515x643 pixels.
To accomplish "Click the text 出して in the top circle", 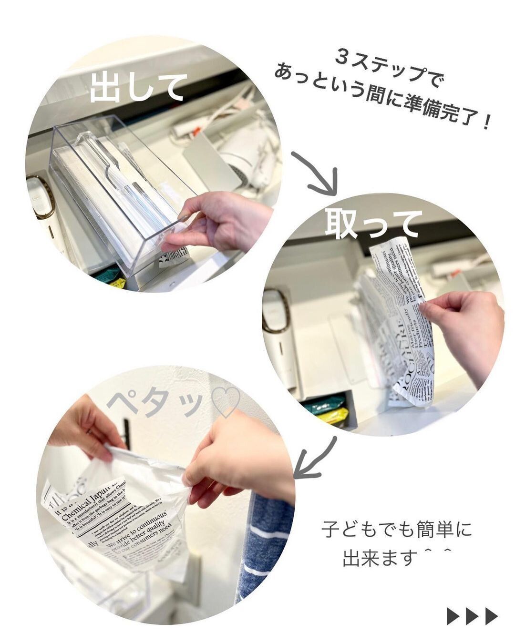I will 136,87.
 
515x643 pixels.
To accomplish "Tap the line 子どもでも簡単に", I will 396,530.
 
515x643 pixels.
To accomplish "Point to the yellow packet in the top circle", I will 117,284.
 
